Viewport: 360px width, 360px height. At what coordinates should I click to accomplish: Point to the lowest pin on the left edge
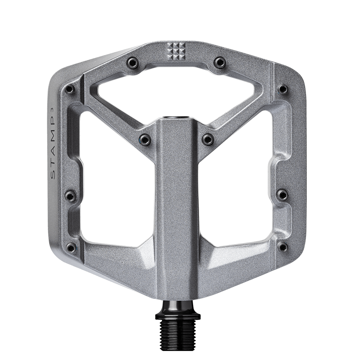click(x=69, y=246)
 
